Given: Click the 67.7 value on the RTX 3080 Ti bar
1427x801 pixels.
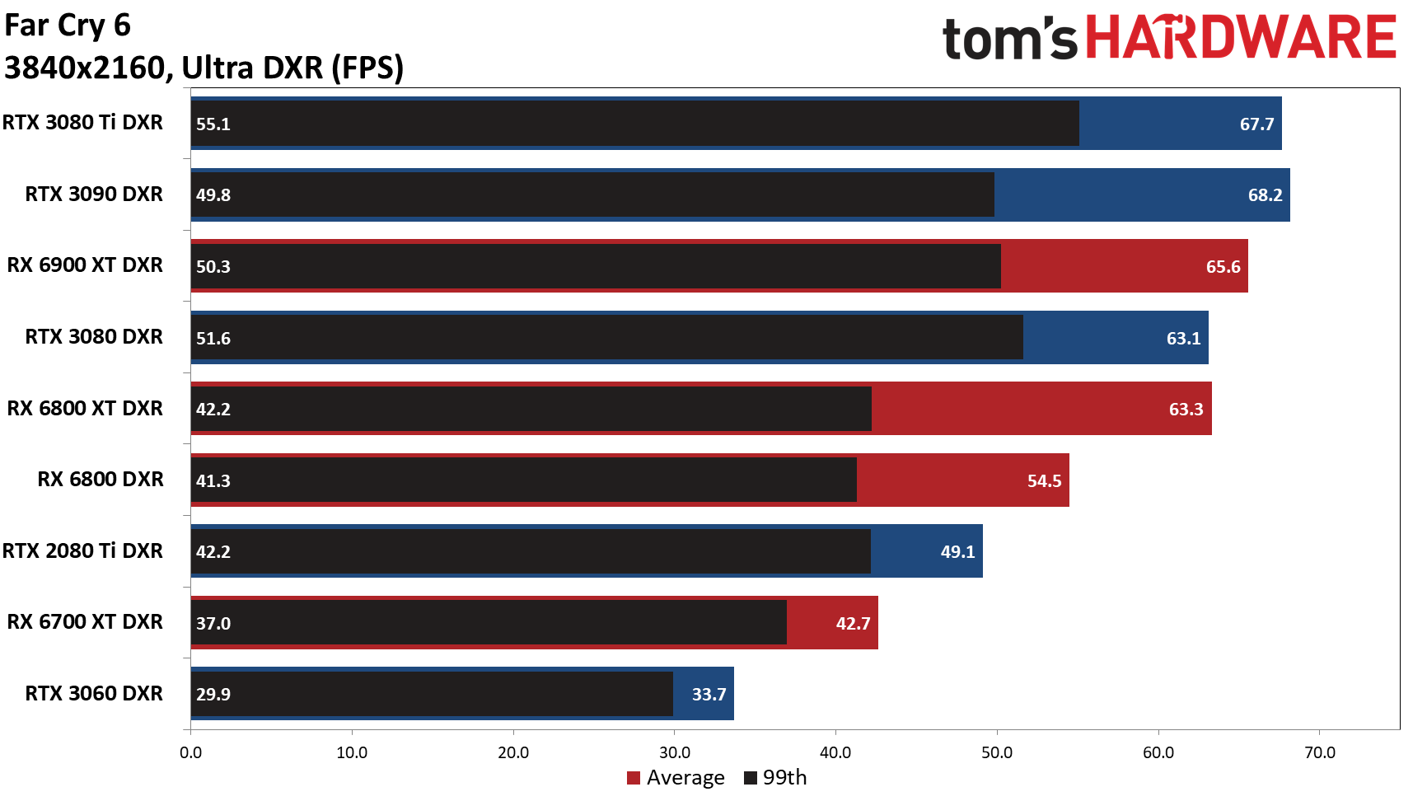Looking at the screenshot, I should point(1256,124).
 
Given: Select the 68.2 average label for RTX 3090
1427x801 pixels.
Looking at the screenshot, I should point(1265,195).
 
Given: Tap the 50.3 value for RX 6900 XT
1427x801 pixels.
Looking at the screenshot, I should point(213,267).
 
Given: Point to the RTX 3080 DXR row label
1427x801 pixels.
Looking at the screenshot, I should point(94,336).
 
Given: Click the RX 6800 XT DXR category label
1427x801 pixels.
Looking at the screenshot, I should point(85,408).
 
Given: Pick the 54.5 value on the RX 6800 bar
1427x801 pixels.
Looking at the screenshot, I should point(1044,481).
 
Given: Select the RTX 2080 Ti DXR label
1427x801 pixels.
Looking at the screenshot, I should point(82,550).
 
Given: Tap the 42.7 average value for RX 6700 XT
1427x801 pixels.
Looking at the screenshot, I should point(853,624).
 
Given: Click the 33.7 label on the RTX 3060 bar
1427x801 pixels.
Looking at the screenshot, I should point(709,695).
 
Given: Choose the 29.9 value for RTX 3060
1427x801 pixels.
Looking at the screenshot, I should point(213,695).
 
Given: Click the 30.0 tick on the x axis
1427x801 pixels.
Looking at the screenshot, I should point(675,752).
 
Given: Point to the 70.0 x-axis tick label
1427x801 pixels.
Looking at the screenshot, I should point(1320,752).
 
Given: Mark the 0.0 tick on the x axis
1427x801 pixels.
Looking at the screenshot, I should point(190,752).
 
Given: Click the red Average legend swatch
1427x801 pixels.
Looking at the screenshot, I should point(634,778).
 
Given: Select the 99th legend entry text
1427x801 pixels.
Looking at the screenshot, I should point(784,778).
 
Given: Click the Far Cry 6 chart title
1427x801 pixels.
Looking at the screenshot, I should point(68,26).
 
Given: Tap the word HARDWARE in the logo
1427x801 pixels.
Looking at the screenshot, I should point(1240,38).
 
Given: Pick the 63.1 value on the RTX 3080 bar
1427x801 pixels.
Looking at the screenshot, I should point(1183,339).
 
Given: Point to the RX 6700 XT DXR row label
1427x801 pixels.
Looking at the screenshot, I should point(85,621).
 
